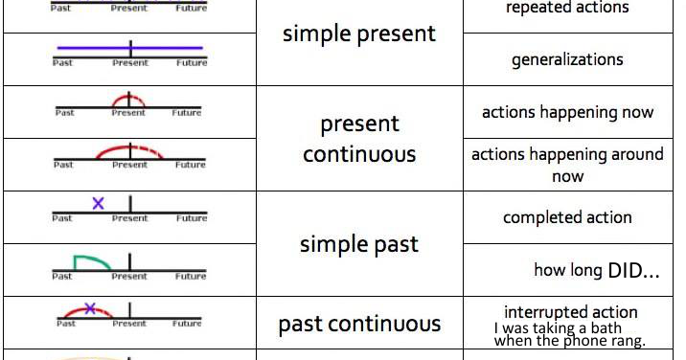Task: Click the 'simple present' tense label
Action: tap(359, 34)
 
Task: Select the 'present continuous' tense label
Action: tap(359, 139)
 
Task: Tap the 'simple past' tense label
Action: tap(359, 244)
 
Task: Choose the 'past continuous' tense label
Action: tap(359, 325)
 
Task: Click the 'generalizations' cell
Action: tap(568, 59)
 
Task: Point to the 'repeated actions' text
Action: tap(568, 8)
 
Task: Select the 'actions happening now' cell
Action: tap(568, 112)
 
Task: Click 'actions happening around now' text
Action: tap(568, 165)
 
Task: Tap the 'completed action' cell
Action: tap(568, 217)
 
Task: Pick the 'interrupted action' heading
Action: tap(571, 312)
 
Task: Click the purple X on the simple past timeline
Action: tap(98, 203)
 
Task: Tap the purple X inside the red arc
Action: tap(90, 308)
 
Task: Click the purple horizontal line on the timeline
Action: tap(129, 47)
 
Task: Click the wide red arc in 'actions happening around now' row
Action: tap(129, 149)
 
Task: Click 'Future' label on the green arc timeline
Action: tap(191, 277)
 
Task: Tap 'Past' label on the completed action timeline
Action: tap(62, 218)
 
